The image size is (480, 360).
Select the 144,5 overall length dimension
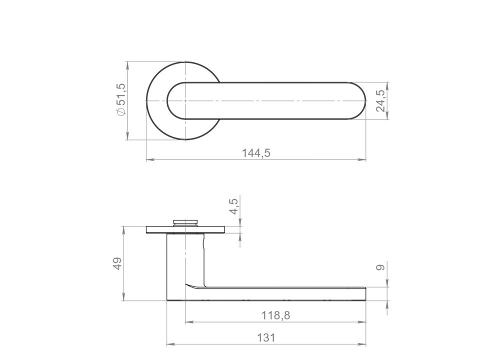point(256,153)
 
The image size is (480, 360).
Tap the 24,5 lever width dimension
point(381,100)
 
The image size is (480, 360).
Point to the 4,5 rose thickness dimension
point(233,206)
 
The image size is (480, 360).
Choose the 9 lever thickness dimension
point(380,267)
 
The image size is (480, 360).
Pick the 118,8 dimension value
point(275,315)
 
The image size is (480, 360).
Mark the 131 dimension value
point(266,338)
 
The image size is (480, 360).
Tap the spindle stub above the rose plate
point(185,222)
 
